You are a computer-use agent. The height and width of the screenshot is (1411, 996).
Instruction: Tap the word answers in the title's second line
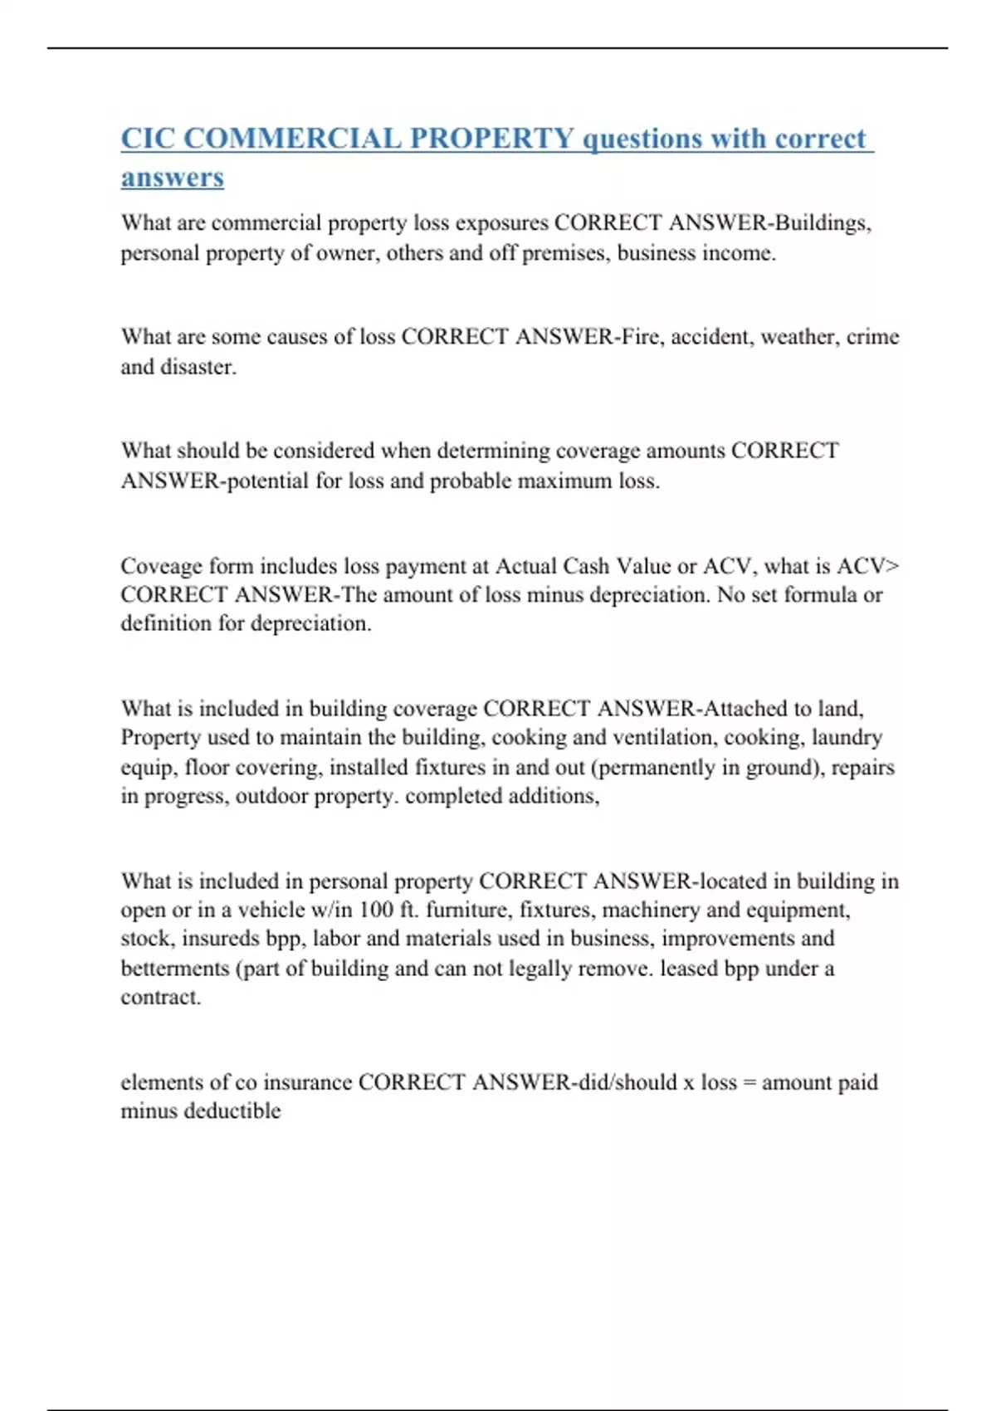173,178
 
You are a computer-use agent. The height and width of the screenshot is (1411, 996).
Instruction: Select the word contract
161,997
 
